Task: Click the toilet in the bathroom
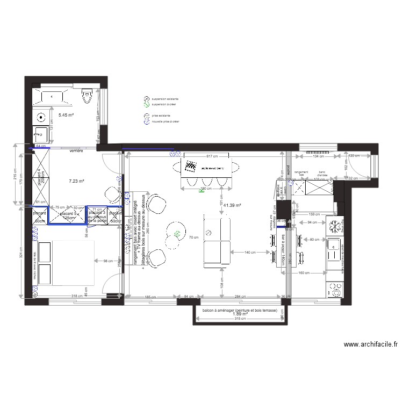tap(88, 97)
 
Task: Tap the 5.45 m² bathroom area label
tap(66, 115)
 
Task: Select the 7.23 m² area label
tap(77, 182)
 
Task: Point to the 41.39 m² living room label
tap(232, 205)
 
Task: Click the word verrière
tap(76, 152)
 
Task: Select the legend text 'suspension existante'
tap(165, 99)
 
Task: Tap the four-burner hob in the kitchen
tap(334, 291)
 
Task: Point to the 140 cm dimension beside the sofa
tap(249, 252)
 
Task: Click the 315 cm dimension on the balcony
tap(240, 319)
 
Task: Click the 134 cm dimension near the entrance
tap(319, 156)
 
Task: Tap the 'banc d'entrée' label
tap(322, 174)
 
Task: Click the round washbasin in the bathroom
tap(41, 116)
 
